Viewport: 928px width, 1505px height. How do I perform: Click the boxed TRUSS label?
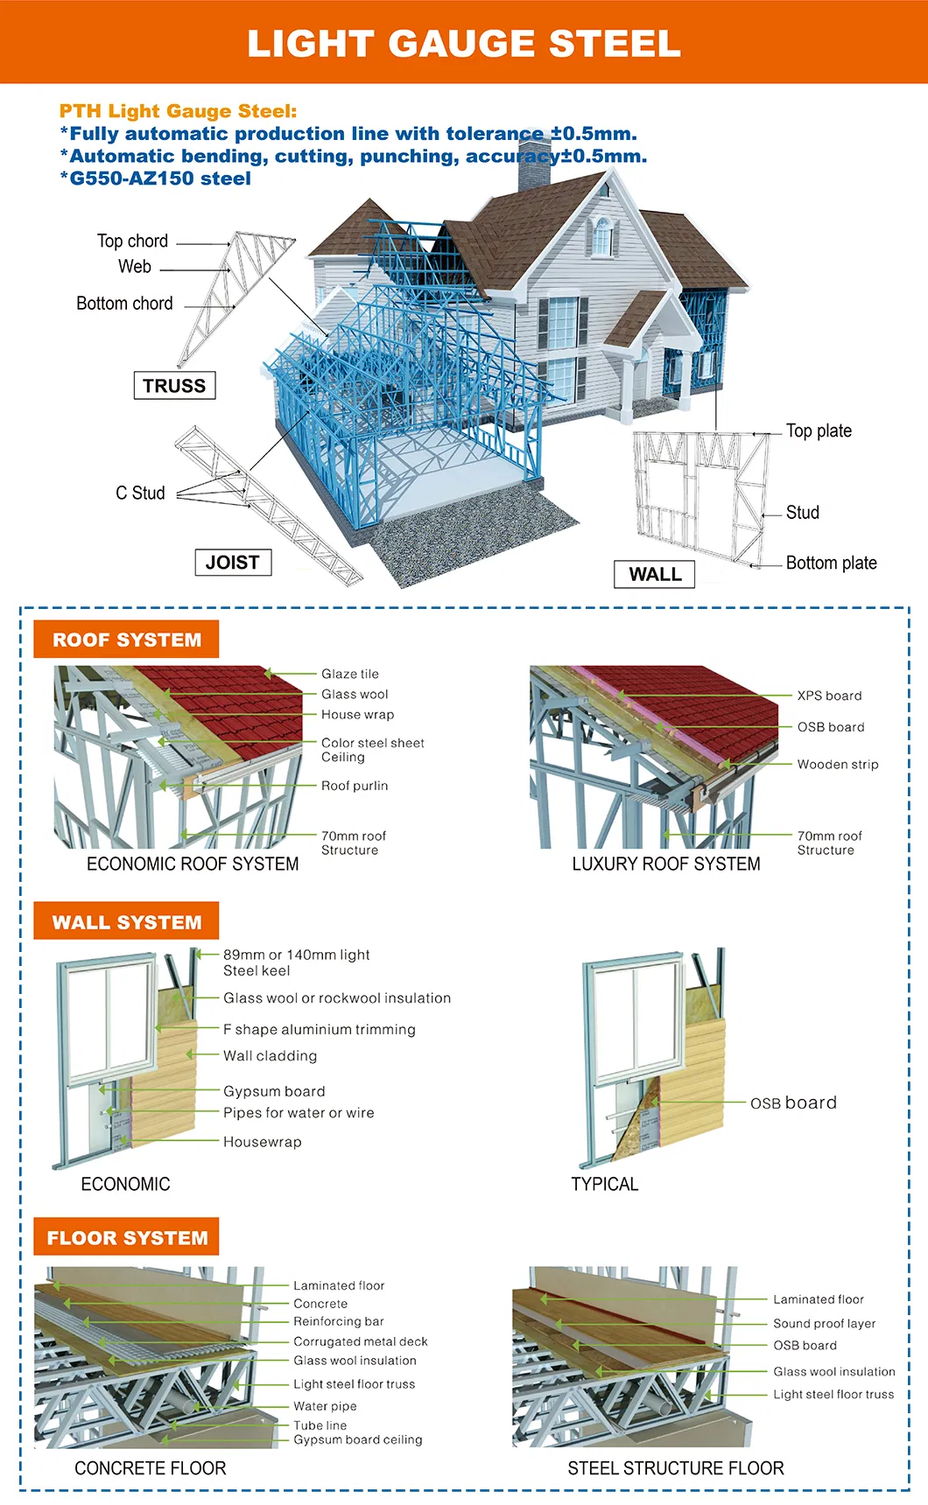(174, 386)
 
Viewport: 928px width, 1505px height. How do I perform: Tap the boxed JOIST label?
(233, 563)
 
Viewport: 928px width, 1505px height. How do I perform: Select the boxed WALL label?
(655, 575)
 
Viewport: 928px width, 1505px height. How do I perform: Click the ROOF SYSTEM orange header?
(127, 640)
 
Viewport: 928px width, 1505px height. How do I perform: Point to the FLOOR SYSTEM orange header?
(127, 1238)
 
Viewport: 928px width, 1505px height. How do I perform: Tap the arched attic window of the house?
(602, 235)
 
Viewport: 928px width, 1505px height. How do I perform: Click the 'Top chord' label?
(132, 241)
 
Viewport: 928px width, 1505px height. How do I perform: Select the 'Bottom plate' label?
(831, 563)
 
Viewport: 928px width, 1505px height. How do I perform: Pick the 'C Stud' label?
(140, 493)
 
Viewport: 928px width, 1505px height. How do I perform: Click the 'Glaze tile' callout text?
(350, 674)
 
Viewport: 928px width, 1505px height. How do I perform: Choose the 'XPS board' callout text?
(829, 696)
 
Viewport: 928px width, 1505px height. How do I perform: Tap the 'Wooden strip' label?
(837, 764)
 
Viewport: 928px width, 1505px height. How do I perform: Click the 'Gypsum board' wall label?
(274, 1091)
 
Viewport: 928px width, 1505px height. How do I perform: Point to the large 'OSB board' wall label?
(793, 1102)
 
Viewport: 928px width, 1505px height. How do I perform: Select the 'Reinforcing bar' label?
(338, 1321)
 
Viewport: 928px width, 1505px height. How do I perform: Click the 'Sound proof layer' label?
(824, 1324)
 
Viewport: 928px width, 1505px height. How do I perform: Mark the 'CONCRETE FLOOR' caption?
(151, 1468)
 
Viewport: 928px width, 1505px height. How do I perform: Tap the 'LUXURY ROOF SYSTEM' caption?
(666, 864)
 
